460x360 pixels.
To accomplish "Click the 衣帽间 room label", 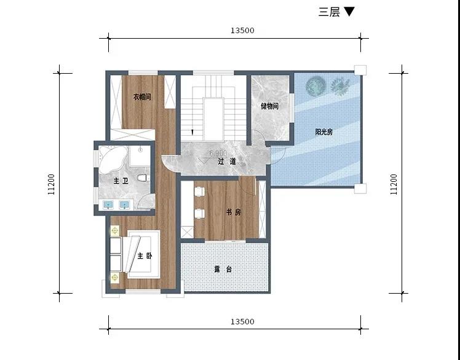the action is click(x=142, y=96).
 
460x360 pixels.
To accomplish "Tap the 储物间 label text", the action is click(x=269, y=106).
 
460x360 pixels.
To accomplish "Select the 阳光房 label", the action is click(x=324, y=132).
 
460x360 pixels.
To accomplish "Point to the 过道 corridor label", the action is click(x=227, y=162).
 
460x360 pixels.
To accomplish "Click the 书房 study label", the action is click(x=234, y=212).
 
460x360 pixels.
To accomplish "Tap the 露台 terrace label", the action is click(x=223, y=270).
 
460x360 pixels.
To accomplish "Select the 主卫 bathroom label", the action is click(x=121, y=181).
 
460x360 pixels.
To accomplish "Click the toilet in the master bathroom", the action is click(x=143, y=178).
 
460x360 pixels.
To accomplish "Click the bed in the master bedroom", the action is click(x=141, y=254).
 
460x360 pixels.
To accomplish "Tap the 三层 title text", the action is click(x=329, y=12).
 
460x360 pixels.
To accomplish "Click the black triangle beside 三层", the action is click(x=349, y=12).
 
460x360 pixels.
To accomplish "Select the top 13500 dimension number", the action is click(x=242, y=31).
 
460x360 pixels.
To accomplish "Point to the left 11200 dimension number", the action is click(x=51, y=184).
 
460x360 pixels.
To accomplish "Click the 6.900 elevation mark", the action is click(x=218, y=153).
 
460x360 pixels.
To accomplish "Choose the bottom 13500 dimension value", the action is click(x=242, y=321).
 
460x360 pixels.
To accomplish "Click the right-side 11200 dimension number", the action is click(x=394, y=184).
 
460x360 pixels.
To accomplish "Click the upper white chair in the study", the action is click(x=199, y=192).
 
